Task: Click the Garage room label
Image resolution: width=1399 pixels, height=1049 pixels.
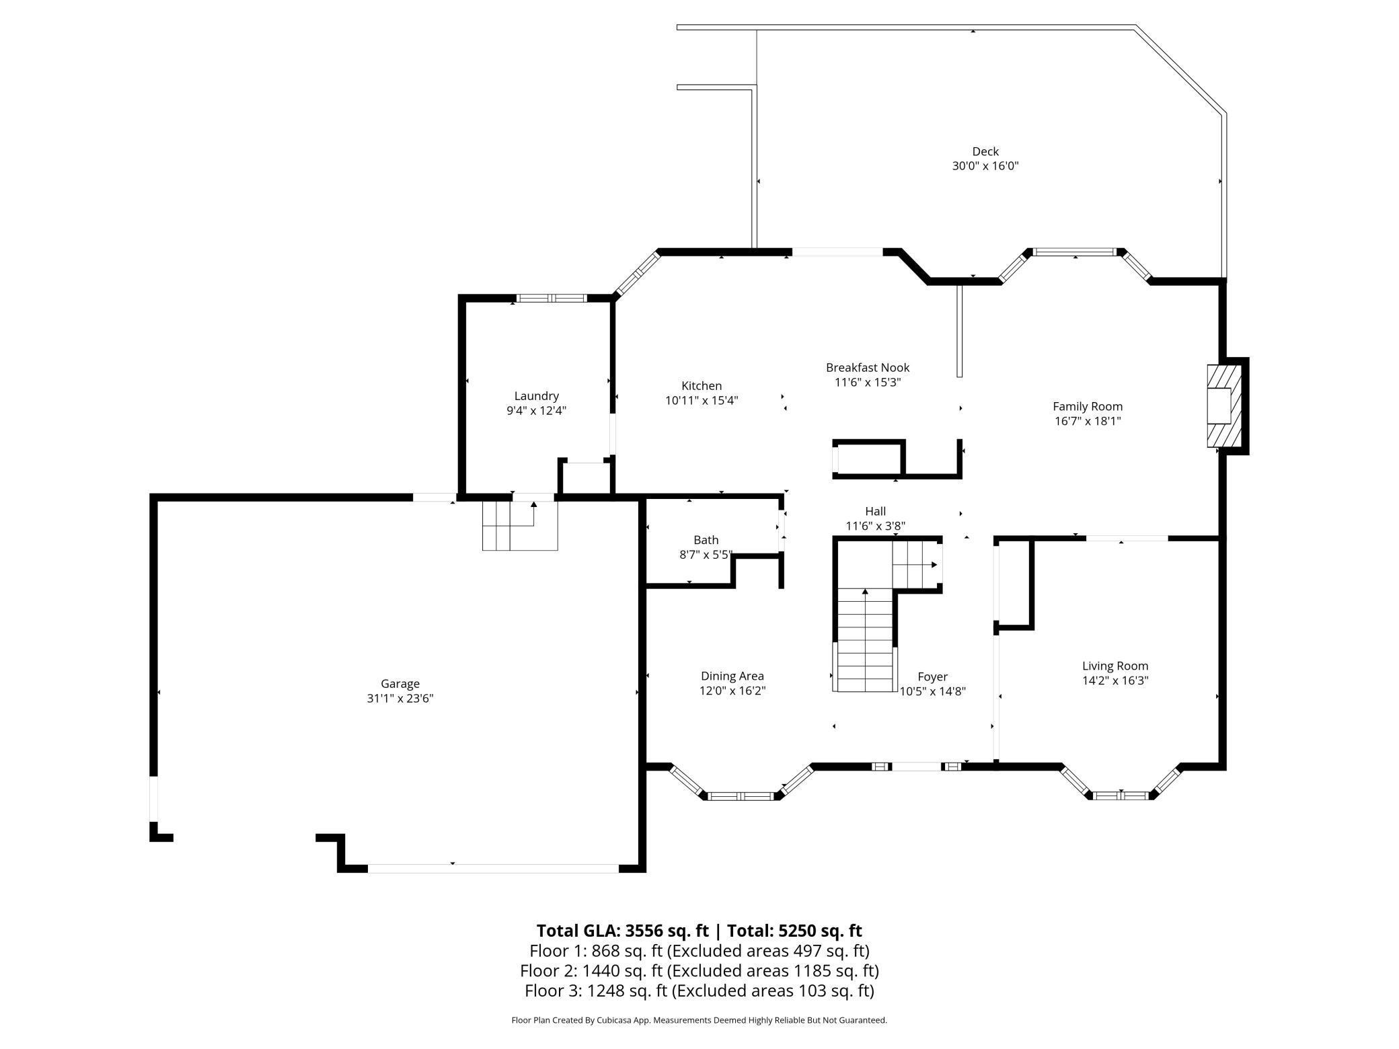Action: [x=400, y=684]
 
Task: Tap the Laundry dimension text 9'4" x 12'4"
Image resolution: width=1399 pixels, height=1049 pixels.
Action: [x=536, y=411]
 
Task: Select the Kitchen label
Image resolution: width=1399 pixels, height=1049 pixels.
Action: [x=702, y=385]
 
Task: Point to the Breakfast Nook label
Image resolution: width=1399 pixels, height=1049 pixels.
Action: [x=868, y=367]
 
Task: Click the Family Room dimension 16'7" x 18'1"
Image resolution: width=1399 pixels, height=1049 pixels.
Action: [x=1088, y=421]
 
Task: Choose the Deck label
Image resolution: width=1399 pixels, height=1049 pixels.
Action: [x=985, y=151]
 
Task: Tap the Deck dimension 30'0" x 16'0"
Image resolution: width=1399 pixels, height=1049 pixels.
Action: [x=985, y=166]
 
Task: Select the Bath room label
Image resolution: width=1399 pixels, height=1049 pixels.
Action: [x=706, y=540]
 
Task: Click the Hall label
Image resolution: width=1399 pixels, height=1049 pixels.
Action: [x=875, y=511]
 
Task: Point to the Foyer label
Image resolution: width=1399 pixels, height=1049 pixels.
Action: [x=932, y=676]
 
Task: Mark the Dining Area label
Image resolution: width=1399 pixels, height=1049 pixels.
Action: [x=732, y=676]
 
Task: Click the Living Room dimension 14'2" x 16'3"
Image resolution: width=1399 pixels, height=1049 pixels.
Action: [x=1115, y=680]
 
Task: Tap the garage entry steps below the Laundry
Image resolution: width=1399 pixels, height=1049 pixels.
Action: [x=520, y=525]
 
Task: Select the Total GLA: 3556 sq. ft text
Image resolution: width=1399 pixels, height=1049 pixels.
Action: [x=622, y=931]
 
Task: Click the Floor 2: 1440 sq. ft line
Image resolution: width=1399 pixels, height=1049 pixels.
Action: [x=699, y=971]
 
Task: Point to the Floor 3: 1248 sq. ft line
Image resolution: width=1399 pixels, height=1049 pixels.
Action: [x=699, y=990]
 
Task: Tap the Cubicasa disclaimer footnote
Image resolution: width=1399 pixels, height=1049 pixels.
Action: [x=699, y=1020]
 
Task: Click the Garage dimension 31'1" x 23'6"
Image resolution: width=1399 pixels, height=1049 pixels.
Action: [x=400, y=699]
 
